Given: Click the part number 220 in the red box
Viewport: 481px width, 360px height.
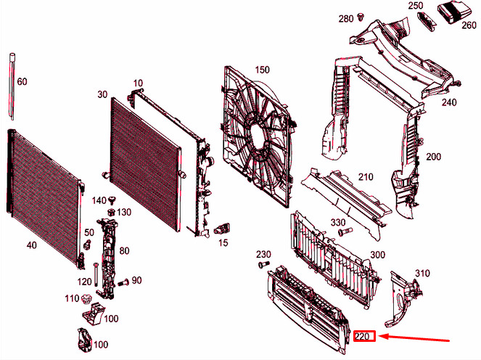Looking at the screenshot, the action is point(362,337).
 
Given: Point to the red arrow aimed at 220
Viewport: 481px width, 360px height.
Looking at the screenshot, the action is point(414,337).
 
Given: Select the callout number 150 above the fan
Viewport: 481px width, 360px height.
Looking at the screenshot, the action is point(262,70).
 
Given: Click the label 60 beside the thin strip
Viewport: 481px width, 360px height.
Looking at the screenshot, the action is point(22,81).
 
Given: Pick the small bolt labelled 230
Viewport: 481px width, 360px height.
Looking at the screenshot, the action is point(263,263).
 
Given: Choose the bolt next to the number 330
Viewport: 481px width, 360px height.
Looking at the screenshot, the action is point(345,232).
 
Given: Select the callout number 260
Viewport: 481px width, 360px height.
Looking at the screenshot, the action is point(469,25).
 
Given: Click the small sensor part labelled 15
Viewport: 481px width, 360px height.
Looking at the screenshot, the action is point(223,229).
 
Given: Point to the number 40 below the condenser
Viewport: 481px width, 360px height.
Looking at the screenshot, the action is point(32,245).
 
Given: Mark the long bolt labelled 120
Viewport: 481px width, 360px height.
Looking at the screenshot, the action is point(96,274).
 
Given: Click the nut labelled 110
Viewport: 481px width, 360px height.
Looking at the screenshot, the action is point(86,298).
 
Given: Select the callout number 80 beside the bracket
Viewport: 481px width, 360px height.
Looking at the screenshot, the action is point(124,250).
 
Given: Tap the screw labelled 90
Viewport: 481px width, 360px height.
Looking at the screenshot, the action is point(123,282).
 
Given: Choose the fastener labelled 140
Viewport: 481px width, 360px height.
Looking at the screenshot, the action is point(112,200).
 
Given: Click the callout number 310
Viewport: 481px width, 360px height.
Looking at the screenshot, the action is point(422,273).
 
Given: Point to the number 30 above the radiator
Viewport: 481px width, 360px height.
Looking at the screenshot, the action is point(102,94).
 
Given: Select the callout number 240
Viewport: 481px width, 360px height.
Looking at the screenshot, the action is point(449,102).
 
